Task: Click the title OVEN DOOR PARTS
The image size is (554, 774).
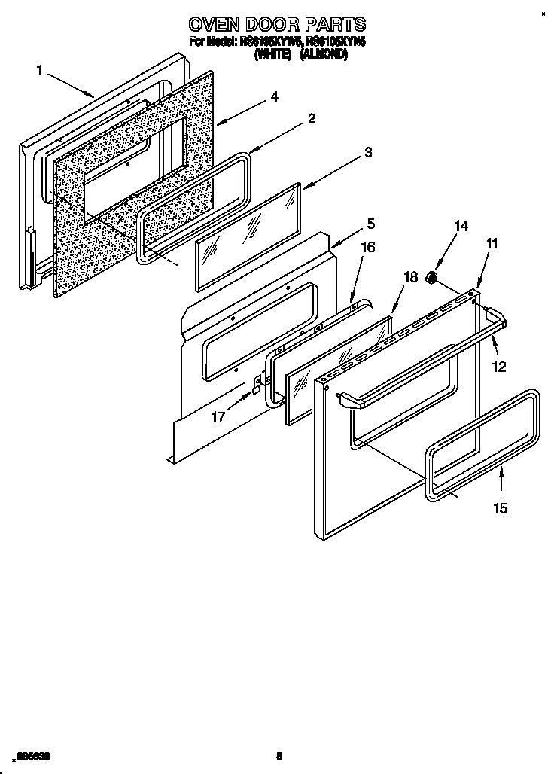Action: [277, 24]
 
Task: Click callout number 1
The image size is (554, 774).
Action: [39, 71]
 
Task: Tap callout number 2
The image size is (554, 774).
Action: [311, 118]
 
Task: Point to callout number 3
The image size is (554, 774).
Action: [367, 152]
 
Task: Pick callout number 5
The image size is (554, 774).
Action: [370, 224]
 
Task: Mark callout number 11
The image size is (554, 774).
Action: [492, 243]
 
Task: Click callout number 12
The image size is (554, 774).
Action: [498, 367]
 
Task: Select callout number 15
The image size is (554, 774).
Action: [500, 508]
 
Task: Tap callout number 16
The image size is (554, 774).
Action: [368, 246]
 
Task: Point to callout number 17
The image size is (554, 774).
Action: [218, 416]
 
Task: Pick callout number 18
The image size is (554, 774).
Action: [409, 277]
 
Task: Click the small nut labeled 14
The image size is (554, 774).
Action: [432, 279]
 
